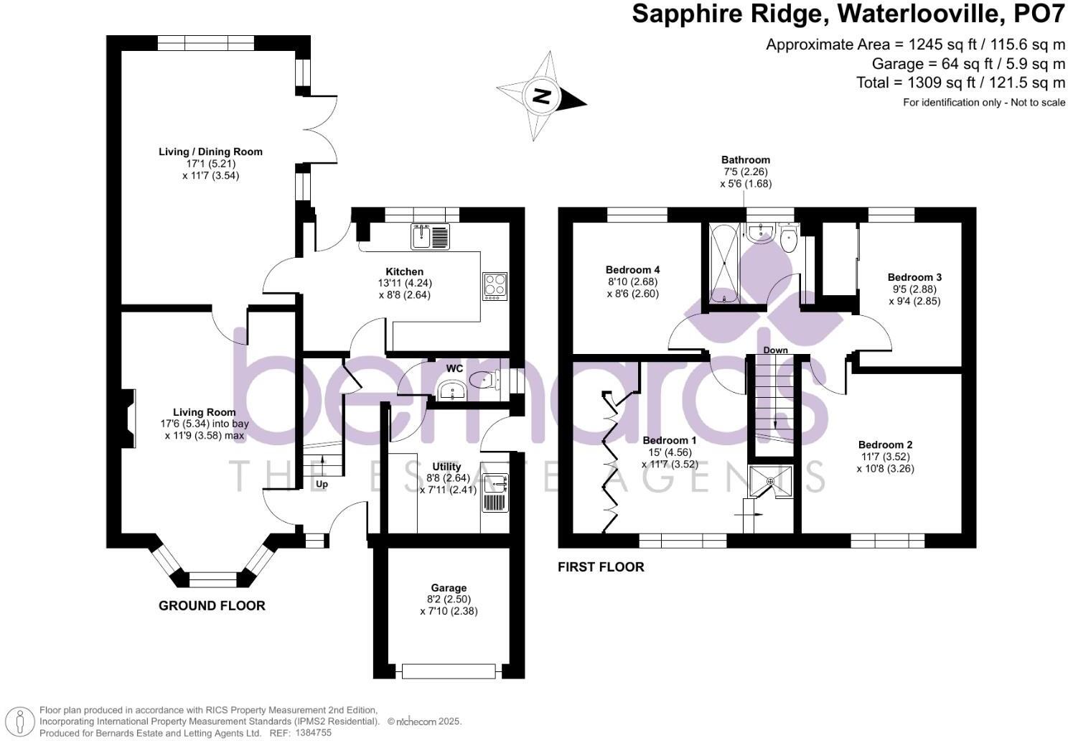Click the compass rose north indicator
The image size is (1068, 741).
(x=542, y=96)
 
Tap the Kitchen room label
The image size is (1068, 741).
(x=405, y=271)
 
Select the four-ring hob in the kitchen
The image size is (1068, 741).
(x=495, y=285)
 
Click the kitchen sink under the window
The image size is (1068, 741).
(x=430, y=236)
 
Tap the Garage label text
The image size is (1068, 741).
(x=449, y=587)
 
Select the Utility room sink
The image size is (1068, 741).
(x=495, y=486)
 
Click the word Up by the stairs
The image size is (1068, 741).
(x=322, y=484)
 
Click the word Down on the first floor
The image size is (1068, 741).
(x=775, y=350)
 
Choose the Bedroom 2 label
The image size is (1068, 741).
(x=885, y=444)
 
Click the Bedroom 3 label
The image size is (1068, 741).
(x=914, y=277)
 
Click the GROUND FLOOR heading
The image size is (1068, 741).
(x=212, y=606)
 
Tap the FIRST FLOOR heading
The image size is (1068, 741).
(x=601, y=567)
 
